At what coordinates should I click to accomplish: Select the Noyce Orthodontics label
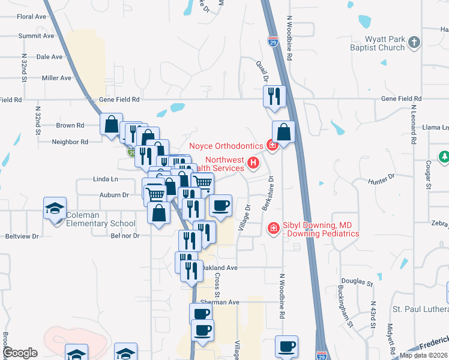tap(226, 146)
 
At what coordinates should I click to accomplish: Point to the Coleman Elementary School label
tap(101, 220)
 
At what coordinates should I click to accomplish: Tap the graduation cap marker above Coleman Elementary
tap(55, 208)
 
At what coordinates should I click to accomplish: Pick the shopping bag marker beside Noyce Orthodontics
tap(284, 132)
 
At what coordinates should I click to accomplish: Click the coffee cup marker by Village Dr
tap(220, 206)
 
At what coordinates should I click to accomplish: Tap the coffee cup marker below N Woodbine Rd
tap(287, 346)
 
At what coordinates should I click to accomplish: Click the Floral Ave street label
tap(32, 16)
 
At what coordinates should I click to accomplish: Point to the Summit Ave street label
tap(36, 36)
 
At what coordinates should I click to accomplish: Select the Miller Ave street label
tap(56, 78)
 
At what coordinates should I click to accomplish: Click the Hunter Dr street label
tap(382, 178)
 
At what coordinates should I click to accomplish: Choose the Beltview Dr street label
tap(22, 236)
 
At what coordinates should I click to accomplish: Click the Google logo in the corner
tap(20, 353)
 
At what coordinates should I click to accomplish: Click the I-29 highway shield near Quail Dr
tap(272, 41)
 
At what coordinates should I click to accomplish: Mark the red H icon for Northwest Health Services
tap(254, 162)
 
